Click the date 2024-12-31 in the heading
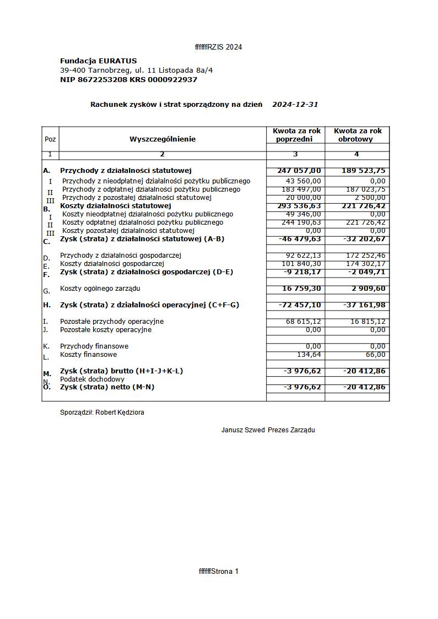click(295, 105)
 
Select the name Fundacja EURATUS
click(98, 61)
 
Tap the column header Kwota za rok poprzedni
click(296, 135)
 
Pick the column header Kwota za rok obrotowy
click(358, 135)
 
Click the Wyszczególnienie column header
click(163, 139)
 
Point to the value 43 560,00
click(303, 181)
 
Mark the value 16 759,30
click(301, 289)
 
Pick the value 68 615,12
click(303, 322)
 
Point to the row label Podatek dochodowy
click(92, 379)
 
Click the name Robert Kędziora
click(120, 412)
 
